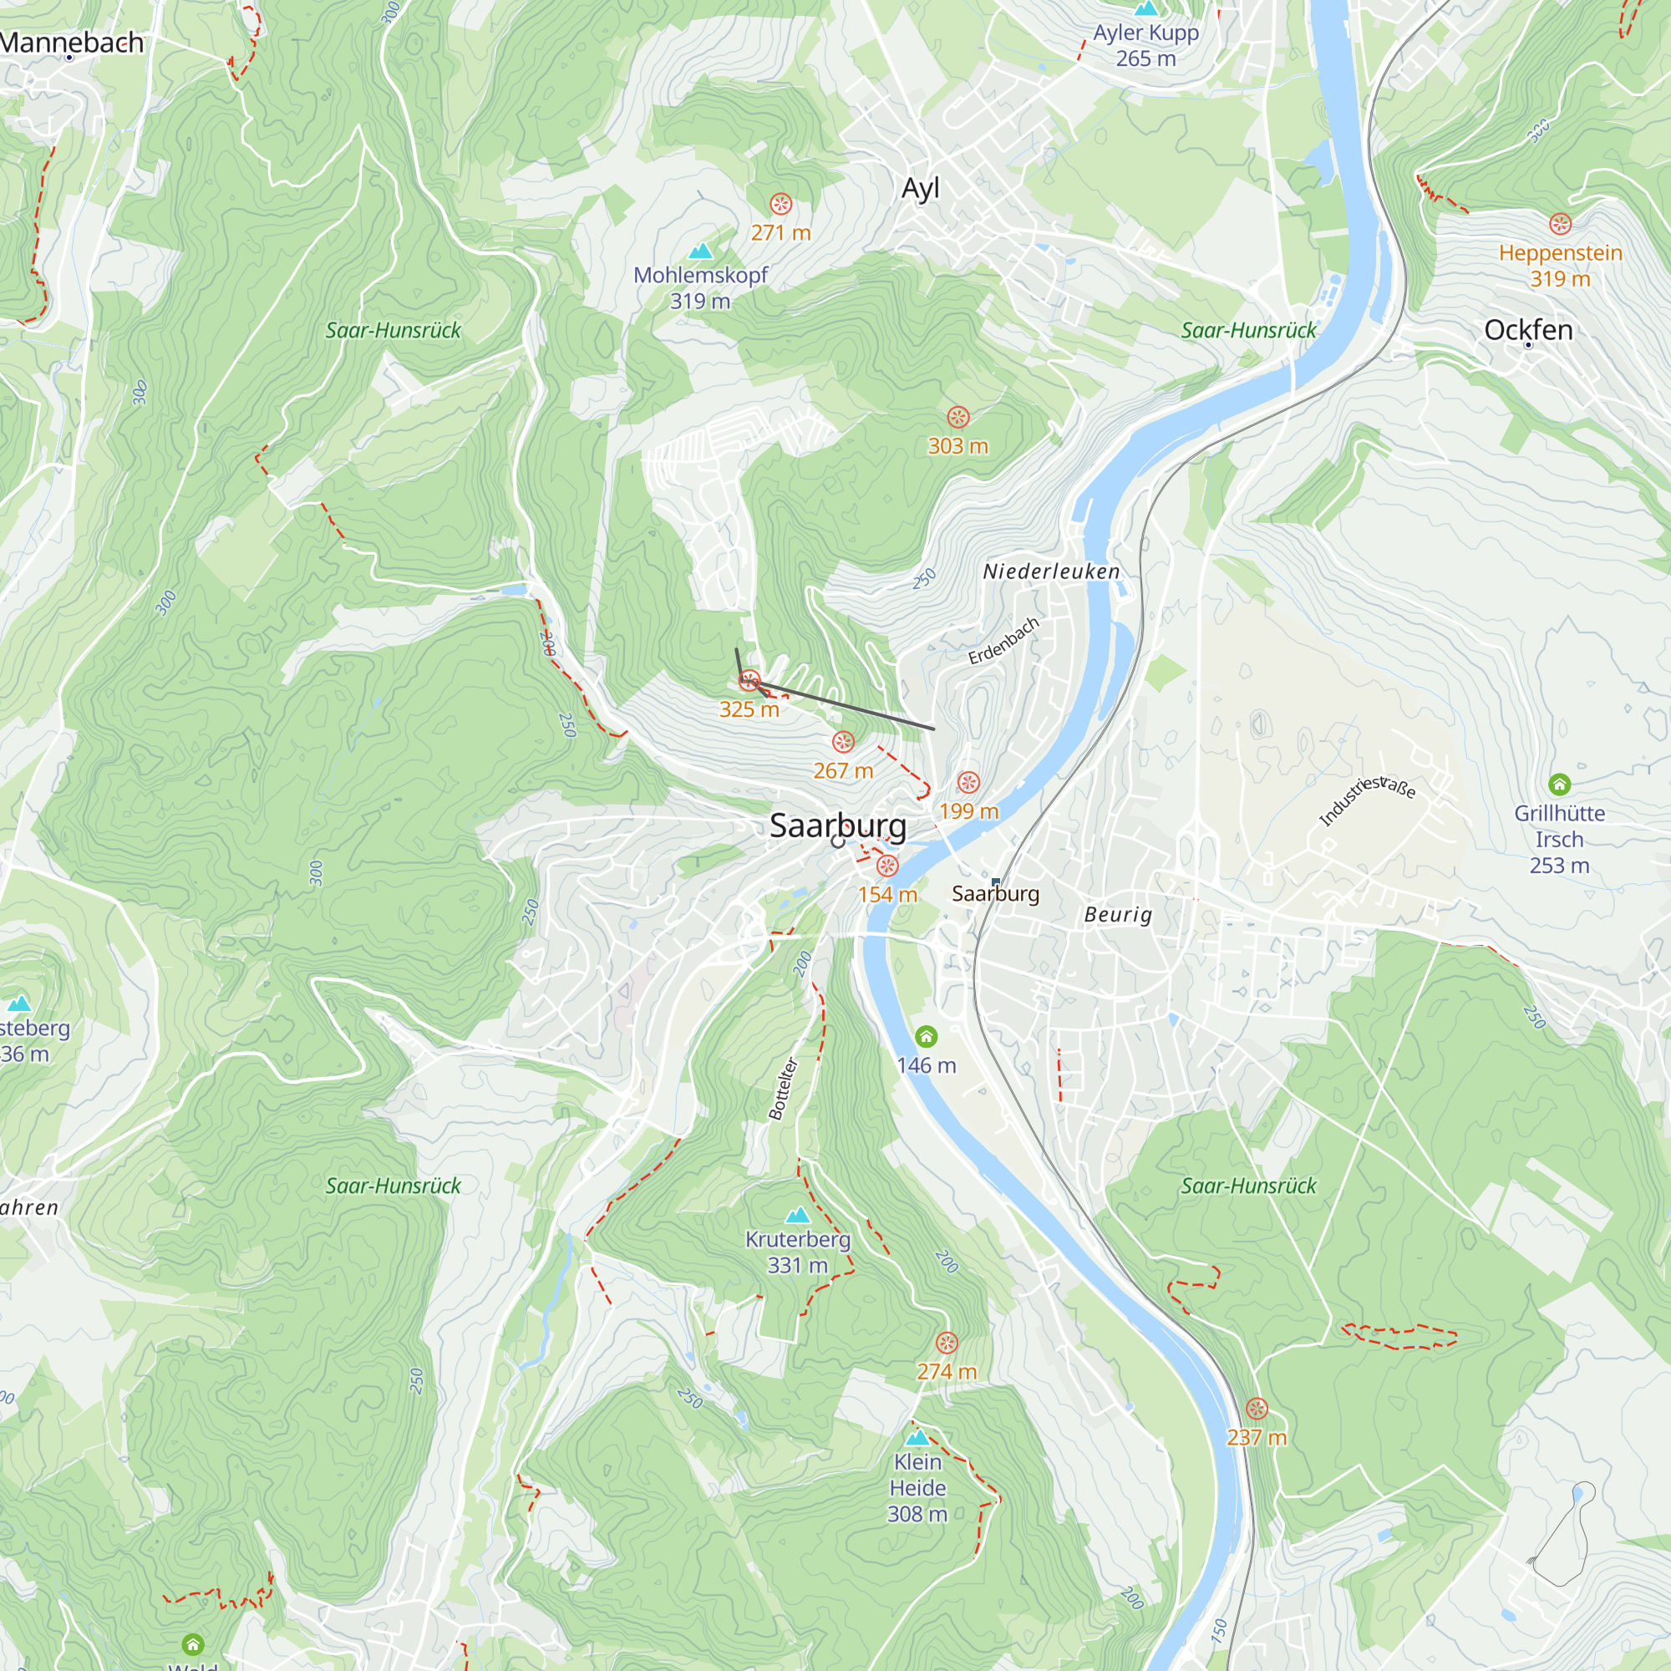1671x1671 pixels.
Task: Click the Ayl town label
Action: pyautogui.click(x=919, y=189)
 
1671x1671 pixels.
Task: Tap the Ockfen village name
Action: pyautogui.click(x=1527, y=329)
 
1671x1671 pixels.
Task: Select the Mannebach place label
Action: pyautogui.click(x=73, y=43)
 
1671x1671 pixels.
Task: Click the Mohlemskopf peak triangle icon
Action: pyautogui.click(x=701, y=251)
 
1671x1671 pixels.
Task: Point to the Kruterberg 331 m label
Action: pyautogui.click(x=797, y=1252)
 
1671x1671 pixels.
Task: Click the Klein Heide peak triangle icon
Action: pyautogui.click(x=917, y=1437)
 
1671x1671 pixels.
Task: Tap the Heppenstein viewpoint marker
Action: pyautogui.click(x=1559, y=224)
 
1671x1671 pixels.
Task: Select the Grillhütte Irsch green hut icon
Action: pyautogui.click(x=1558, y=785)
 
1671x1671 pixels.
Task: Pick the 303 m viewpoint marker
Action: pyautogui.click(x=957, y=417)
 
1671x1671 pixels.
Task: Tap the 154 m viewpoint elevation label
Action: pyautogui.click(x=887, y=894)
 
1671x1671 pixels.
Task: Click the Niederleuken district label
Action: pyautogui.click(x=1051, y=571)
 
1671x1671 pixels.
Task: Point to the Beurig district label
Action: pyautogui.click(x=1117, y=915)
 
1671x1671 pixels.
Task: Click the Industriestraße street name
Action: pyautogui.click(x=1366, y=800)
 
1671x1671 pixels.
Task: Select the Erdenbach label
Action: pyautogui.click(x=1003, y=641)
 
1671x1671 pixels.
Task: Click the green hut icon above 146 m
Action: pyautogui.click(x=926, y=1036)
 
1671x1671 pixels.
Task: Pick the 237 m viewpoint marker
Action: pyautogui.click(x=1256, y=1408)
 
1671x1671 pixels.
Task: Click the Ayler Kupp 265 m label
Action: pyautogui.click(x=1145, y=45)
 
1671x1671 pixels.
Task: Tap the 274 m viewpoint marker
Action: pyautogui.click(x=947, y=1343)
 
